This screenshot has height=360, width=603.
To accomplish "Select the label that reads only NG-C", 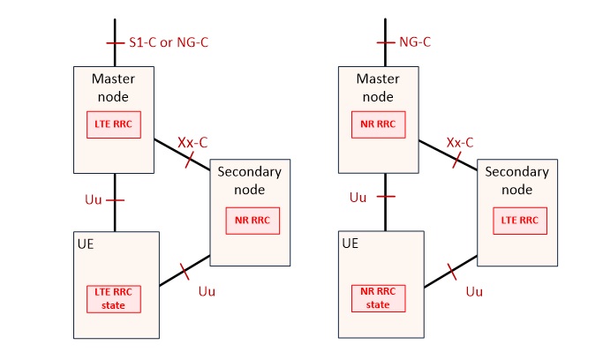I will point(416,41).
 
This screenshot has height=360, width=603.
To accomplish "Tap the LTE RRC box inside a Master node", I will point(113,125).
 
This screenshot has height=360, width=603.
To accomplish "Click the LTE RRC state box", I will point(113,299).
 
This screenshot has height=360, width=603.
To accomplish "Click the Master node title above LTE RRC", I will point(113,87).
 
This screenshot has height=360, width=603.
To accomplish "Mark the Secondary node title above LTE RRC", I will point(517,180).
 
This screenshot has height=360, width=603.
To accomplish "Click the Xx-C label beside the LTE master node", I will point(192,141).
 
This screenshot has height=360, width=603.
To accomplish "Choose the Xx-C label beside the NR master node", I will point(460,141).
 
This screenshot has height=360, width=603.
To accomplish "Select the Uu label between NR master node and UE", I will point(358,197).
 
